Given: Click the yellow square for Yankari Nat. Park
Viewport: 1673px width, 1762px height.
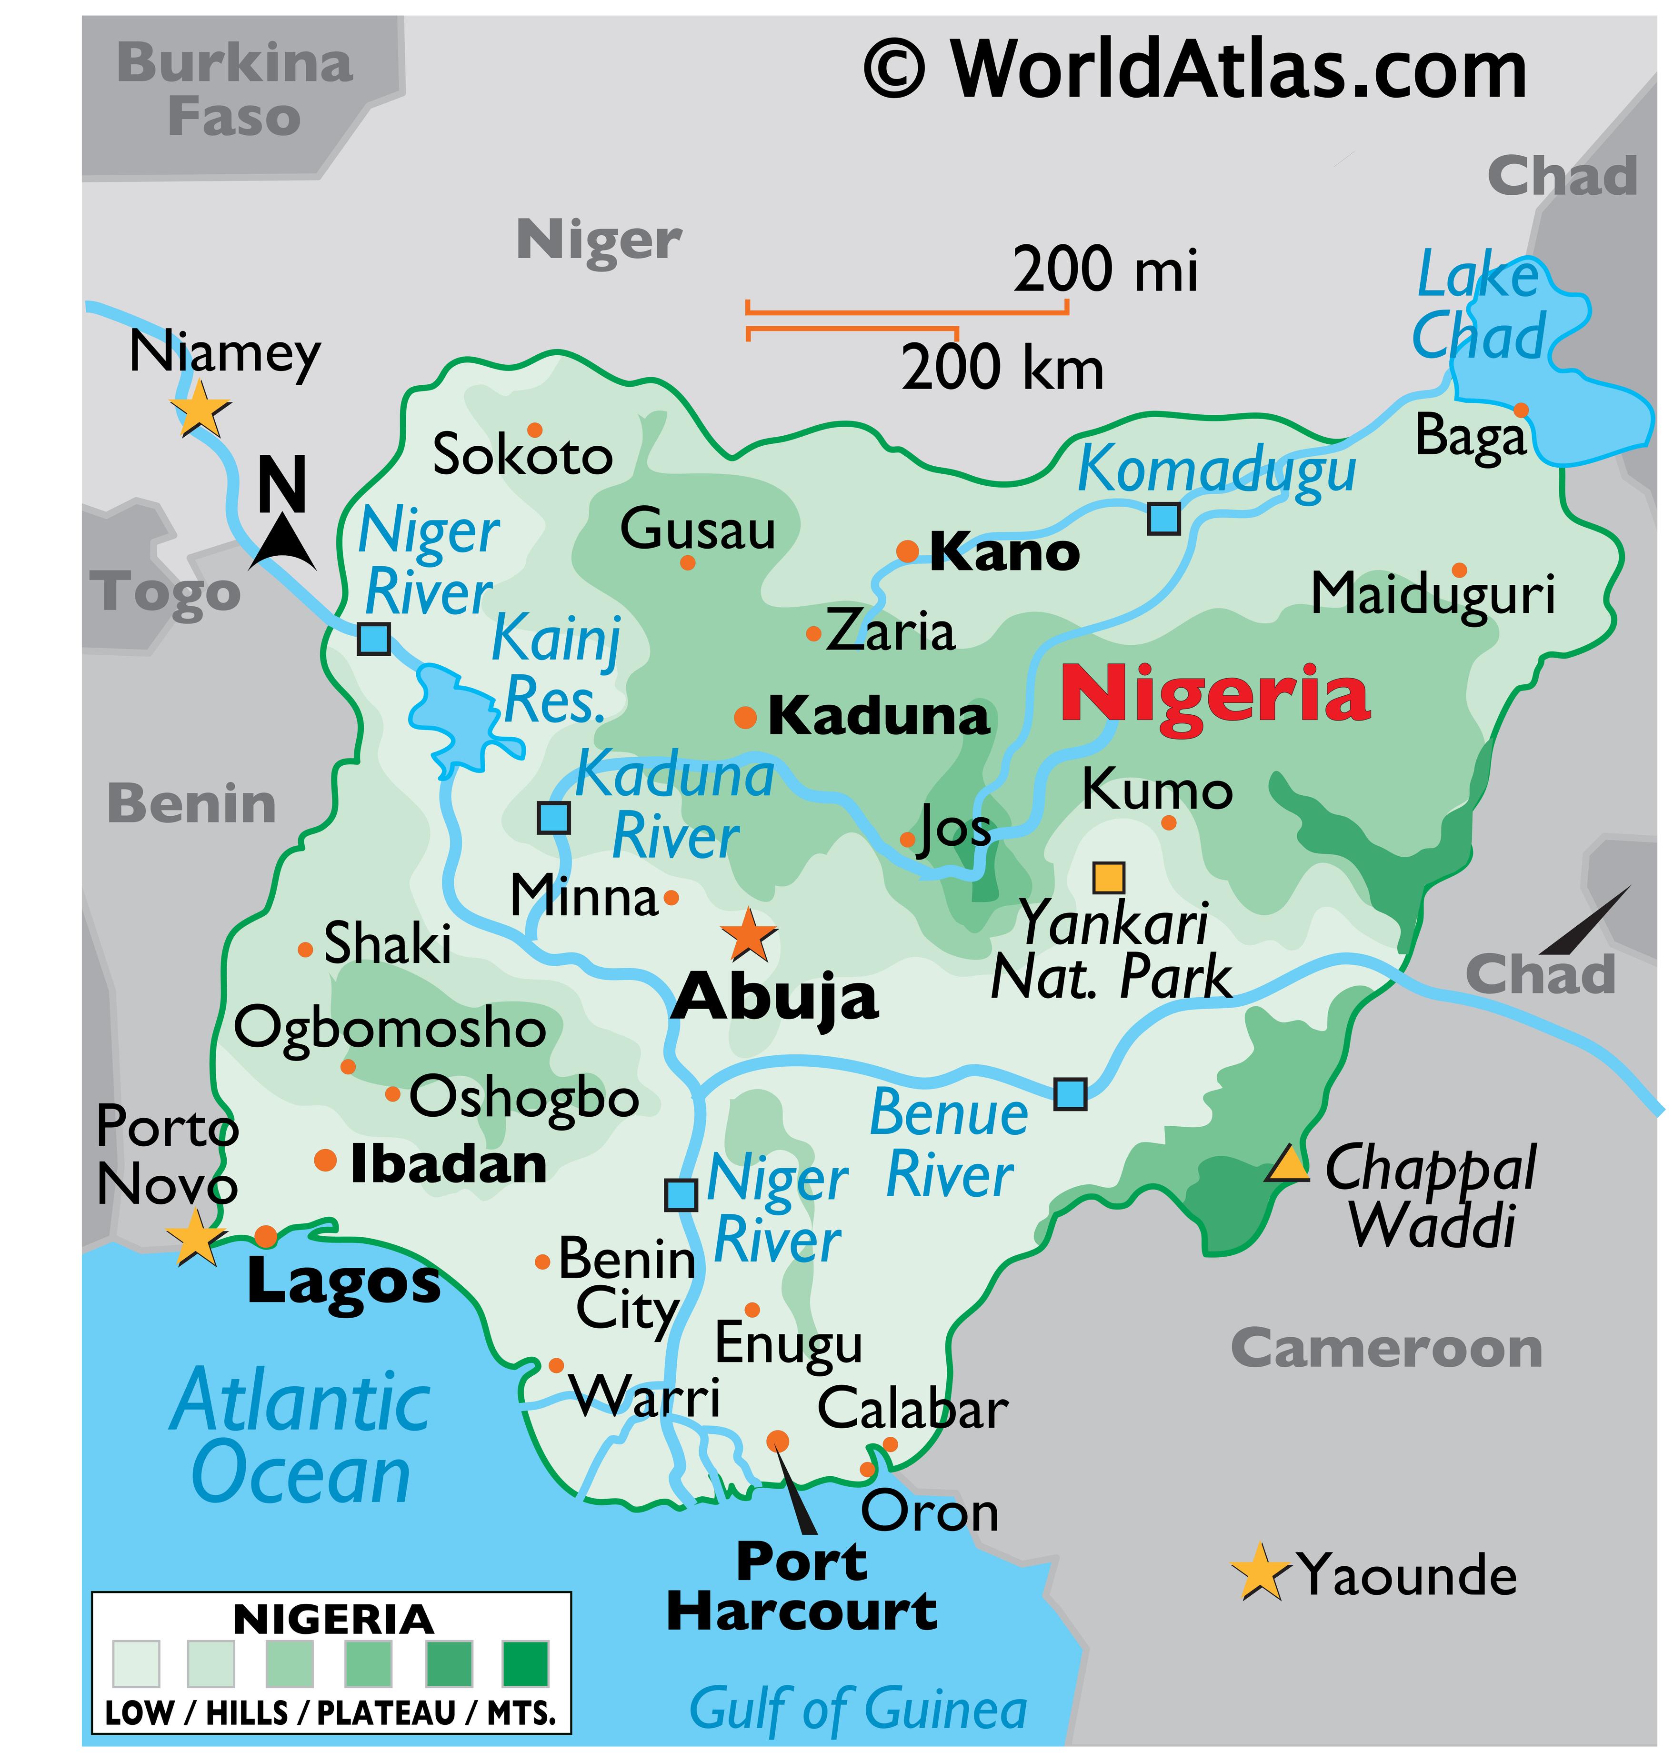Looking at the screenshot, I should click(x=1109, y=878).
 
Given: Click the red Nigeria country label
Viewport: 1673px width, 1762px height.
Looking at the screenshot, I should click(x=1214, y=696).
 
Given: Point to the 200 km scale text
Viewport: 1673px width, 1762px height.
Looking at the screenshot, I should click(x=1002, y=368).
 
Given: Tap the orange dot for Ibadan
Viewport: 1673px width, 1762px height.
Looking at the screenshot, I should click(x=325, y=1160).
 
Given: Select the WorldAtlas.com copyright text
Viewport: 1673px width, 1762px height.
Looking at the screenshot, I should click(x=1195, y=70).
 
